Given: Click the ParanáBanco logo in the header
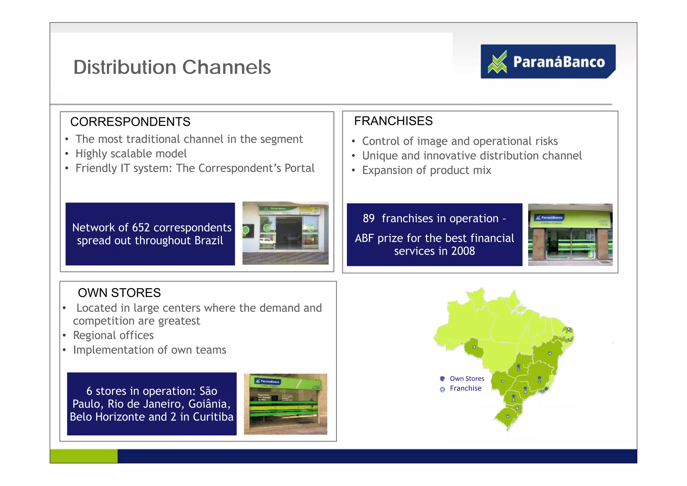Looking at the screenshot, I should click(548, 62).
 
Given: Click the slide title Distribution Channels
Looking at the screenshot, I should click(172, 67).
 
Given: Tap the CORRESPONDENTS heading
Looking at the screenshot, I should click(130, 122).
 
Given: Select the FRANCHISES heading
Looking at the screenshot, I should click(393, 121).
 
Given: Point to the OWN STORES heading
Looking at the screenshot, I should click(119, 293).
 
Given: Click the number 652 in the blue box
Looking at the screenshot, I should click(141, 228).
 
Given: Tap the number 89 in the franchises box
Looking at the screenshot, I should click(368, 218).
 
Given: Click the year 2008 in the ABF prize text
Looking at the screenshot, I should click(463, 251).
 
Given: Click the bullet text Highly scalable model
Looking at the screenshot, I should click(131, 154).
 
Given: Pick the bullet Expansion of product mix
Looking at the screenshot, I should click(426, 171).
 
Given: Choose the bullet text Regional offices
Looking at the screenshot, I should click(113, 335).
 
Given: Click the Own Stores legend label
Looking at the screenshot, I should click(467, 379).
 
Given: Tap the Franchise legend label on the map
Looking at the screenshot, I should click(466, 388).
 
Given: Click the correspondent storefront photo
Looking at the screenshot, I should click(285, 233).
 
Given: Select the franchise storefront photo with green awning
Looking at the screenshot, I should click(570, 235).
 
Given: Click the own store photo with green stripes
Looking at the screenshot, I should click(285, 404).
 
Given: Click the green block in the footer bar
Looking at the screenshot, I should click(84, 456).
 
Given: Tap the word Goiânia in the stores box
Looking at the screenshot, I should click(209, 404).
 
